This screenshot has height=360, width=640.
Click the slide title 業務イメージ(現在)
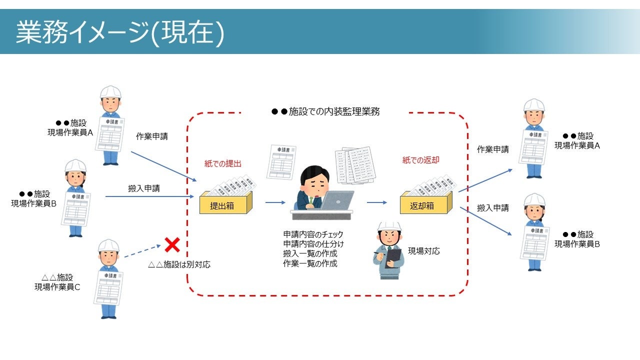pyautogui.click(x=120, y=32)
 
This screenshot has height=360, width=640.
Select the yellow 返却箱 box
pyautogui.click(x=422, y=205)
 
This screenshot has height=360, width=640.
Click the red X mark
pyautogui.click(x=172, y=245)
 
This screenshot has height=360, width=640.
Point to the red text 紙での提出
pyautogui.click(x=223, y=163)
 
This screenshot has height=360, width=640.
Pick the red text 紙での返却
pyautogui.click(x=421, y=160)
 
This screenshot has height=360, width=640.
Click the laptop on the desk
pyautogui.click(x=336, y=200)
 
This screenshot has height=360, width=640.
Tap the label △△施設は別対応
pyautogui.click(x=179, y=264)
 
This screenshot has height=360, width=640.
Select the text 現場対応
pyautogui.click(x=424, y=251)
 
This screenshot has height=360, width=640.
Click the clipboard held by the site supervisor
pyautogui.click(x=393, y=257)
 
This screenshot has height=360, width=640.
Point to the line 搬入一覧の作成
pyautogui.click(x=310, y=253)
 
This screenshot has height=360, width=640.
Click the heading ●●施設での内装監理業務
pyautogui.click(x=325, y=112)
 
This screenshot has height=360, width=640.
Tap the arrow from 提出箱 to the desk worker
pyautogui.click(x=275, y=202)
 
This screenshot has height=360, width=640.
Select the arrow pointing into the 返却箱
pyautogui.click(x=377, y=202)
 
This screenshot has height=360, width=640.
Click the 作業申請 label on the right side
pyautogui.click(x=493, y=149)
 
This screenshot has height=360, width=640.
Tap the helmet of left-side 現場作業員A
pyautogui.click(x=110, y=92)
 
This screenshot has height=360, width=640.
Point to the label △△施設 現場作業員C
pyautogui.click(x=57, y=282)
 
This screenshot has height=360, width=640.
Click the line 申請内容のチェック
pyautogui.click(x=313, y=234)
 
